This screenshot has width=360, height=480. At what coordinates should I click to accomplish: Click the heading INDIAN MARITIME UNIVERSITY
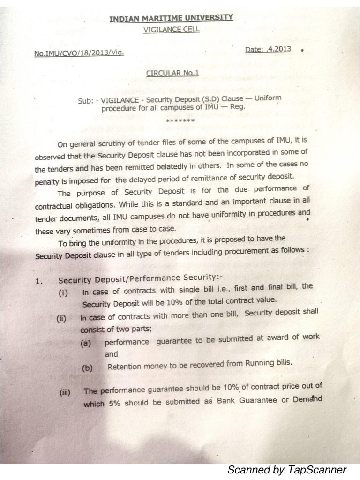[x=171, y=19]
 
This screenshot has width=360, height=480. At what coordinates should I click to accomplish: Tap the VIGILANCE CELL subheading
[x=171, y=30]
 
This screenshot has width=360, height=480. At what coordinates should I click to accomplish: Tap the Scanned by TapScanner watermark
[x=286, y=470]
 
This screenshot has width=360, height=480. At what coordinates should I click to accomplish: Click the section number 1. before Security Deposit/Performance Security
[x=39, y=281]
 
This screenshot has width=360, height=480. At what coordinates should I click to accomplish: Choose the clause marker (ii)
[x=61, y=319]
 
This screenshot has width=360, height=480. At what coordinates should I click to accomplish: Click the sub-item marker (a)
[x=85, y=343]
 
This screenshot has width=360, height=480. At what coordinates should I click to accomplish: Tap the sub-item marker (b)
[x=87, y=368]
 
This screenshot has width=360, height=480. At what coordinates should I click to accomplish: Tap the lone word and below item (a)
[x=111, y=354]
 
